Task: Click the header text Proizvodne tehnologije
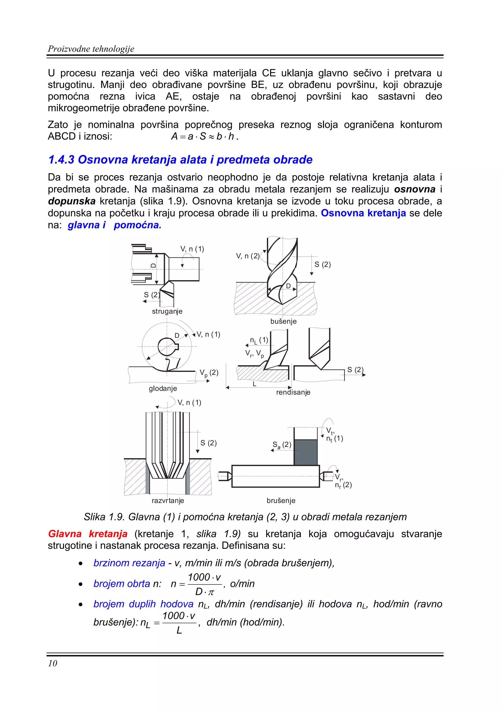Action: [91, 49]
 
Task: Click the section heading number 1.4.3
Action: [61, 160]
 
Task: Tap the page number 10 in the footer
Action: [53, 663]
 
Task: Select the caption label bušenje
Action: [283, 321]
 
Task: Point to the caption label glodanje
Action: [163, 388]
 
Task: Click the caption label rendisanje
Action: [293, 392]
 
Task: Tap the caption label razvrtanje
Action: [168, 500]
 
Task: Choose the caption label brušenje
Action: [281, 500]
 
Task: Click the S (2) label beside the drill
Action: [323, 264]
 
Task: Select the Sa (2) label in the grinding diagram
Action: [282, 445]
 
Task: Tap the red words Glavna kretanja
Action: [88, 534]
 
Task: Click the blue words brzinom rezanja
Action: [129, 563]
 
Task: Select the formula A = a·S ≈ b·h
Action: [204, 136]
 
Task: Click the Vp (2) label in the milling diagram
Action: [209, 373]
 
